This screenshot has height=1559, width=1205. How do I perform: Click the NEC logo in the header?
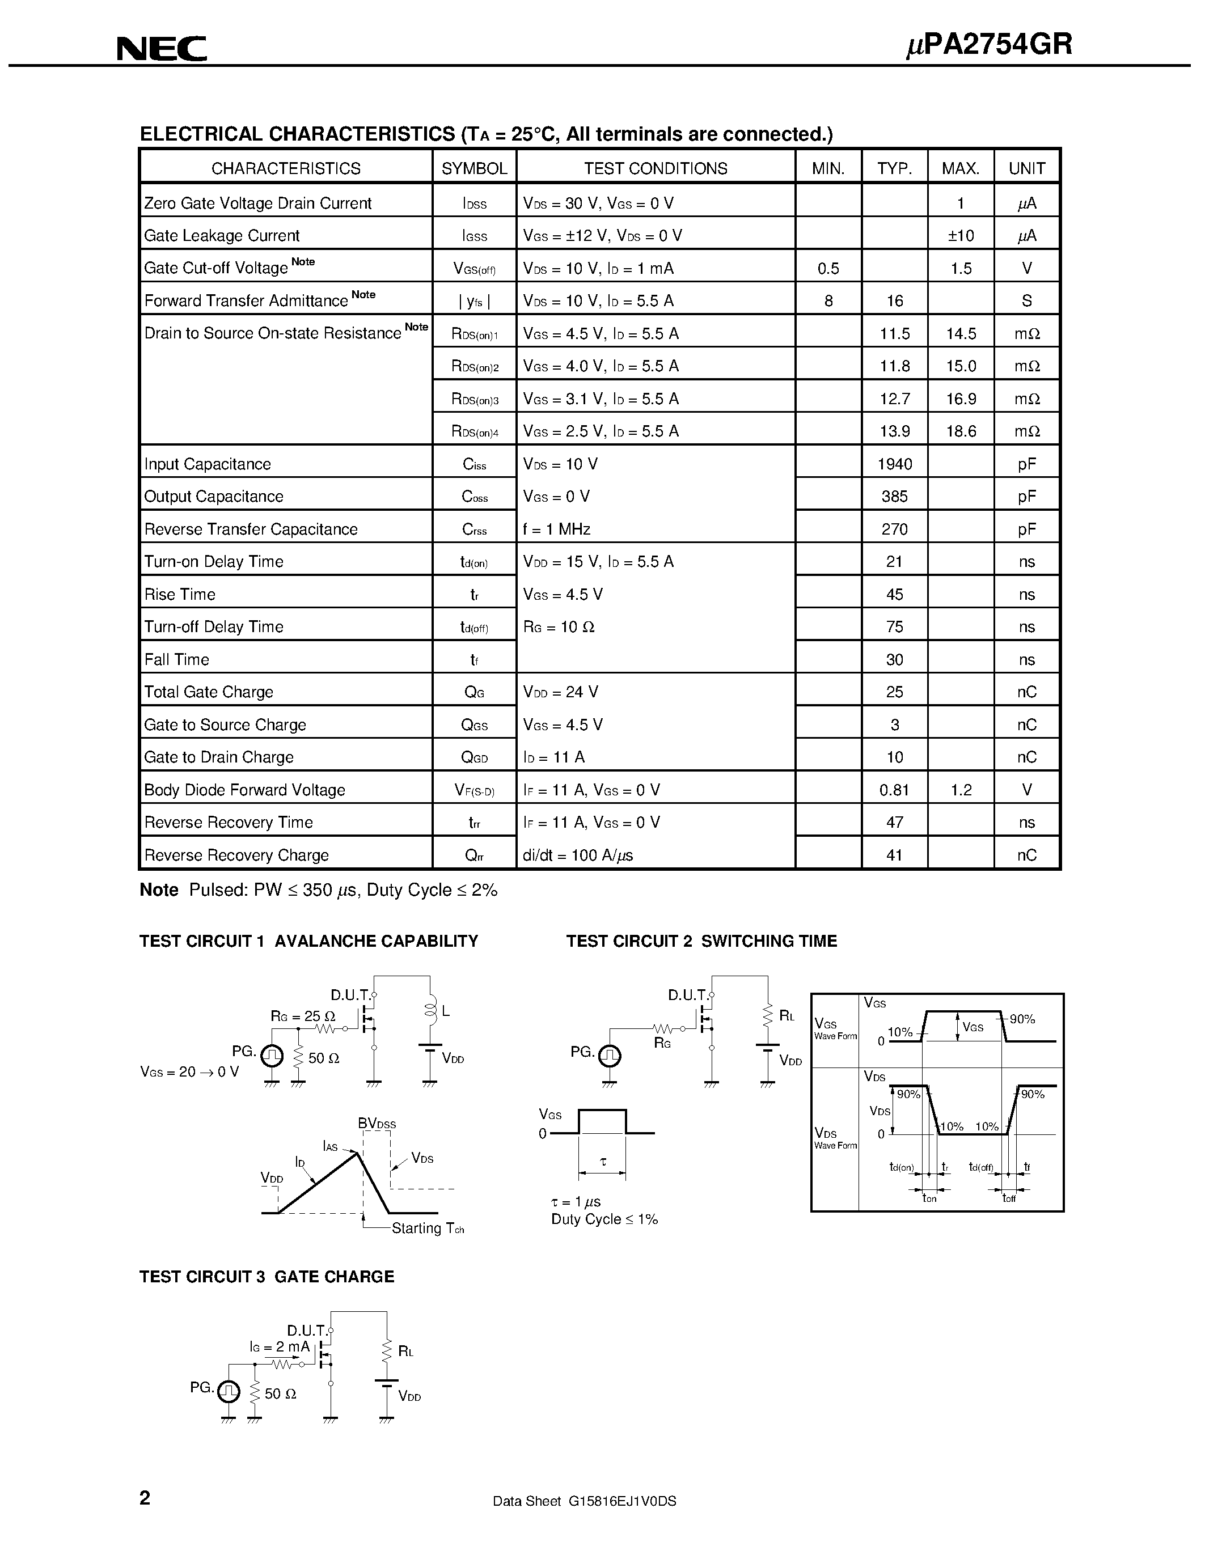point(162,49)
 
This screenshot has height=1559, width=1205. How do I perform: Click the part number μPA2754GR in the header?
point(989,45)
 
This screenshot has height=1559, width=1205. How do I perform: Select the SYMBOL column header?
point(474,168)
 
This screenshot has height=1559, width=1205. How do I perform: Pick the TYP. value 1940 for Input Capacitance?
point(894,464)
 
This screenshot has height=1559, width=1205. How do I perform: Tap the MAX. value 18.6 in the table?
point(961,431)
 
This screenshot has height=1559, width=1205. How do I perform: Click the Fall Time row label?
point(177,659)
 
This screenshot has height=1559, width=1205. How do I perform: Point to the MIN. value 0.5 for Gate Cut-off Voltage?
point(828,268)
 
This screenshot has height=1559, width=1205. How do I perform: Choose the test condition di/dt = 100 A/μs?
point(577,855)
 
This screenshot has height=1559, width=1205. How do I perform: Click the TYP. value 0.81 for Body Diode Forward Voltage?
point(894,790)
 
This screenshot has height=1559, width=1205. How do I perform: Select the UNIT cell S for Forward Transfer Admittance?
point(1026,300)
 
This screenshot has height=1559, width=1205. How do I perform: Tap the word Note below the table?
point(158,890)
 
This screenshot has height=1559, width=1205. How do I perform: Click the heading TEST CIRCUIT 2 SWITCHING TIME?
point(701,942)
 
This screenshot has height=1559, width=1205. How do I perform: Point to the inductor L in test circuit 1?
point(430,1011)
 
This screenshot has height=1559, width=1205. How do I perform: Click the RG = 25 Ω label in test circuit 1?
point(303,1016)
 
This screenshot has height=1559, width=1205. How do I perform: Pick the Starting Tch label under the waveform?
point(428,1228)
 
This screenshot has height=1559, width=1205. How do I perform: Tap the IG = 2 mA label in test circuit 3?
point(280,1347)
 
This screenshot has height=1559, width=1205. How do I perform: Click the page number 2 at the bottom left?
point(145,1497)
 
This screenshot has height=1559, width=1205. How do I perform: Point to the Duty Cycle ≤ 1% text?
point(604,1219)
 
